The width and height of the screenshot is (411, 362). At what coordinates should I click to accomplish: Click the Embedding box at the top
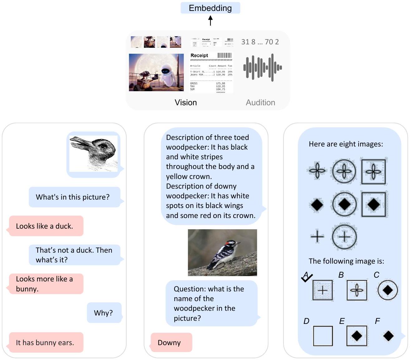(x=210, y=8)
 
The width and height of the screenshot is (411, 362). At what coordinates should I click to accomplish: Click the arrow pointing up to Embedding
(x=210, y=21)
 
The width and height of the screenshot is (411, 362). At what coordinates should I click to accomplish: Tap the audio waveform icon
(x=262, y=67)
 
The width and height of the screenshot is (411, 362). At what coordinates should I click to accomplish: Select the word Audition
(x=260, y=102)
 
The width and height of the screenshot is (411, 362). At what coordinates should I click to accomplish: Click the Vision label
(x=186, y=102)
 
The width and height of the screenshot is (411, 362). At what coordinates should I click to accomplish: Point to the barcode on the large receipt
(x=225, y=56)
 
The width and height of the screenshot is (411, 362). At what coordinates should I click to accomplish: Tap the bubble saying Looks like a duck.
(x=46, y=226)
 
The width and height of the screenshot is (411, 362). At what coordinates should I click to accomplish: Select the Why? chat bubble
(x=104, y=313)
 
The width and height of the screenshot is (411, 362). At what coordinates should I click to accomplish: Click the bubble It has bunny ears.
(x=46, y=342)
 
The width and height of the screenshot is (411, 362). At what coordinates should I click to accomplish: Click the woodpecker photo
(x=222, y=252)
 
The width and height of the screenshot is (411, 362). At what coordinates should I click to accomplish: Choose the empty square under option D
(x=323, y=336)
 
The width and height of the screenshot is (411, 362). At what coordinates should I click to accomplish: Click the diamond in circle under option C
(x=388, y=290)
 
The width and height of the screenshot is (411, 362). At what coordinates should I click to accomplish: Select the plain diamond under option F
(x=388, y=336)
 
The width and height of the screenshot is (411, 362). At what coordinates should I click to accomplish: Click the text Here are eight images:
(x=346, y=144)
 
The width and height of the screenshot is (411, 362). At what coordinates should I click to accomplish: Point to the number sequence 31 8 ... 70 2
(x=260, y=42)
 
